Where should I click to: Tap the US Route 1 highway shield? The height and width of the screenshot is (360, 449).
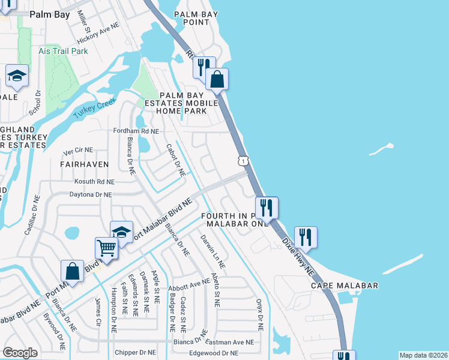(242, 160)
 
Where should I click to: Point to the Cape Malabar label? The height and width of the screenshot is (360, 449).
(345, 286)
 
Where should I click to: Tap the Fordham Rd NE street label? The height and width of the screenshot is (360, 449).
(136, 131)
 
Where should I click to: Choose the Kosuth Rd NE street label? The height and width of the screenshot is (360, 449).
(94, 181)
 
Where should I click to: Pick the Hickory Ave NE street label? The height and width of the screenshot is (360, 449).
(98, 36)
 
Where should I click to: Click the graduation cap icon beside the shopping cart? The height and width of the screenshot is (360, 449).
(121, 232)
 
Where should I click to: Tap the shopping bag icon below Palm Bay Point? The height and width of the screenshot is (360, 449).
(217, 79)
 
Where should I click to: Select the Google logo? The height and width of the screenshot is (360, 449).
(20, 353)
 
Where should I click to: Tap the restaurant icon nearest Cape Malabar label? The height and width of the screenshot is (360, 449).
(306, 238)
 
